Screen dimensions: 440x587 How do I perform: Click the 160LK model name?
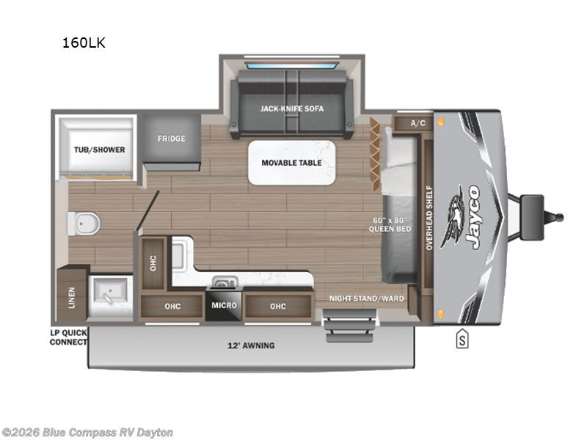coord(84,43)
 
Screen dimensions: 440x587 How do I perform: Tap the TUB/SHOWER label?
coord(98,150)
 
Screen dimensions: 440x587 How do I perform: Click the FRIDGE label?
coord(172,139)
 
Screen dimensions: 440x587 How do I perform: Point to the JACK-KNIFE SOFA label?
coord(291,109)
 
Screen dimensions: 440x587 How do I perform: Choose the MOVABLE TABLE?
coord(291,162)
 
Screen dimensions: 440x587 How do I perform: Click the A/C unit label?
coord(418,122)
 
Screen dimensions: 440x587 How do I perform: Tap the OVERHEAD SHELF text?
coord(430,218)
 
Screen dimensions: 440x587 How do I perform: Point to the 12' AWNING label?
coord(251,345)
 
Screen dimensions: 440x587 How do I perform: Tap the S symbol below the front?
coord(462,340)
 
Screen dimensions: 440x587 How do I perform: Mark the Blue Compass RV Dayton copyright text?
coord(88,433)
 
